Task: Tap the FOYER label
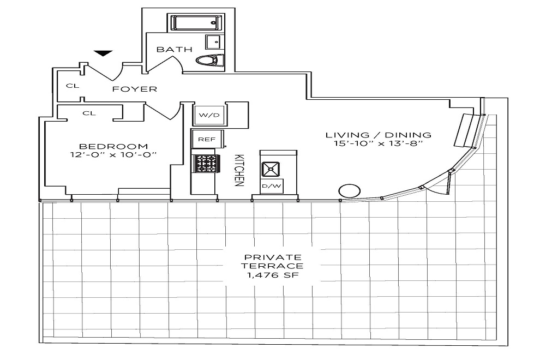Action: (x=135, y=89)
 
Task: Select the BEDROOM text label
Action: (x=113, y=146)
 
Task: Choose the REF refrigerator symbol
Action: (x=206, y=139)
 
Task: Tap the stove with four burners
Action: (x=206, y=163)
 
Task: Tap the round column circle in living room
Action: (x=349, y=191)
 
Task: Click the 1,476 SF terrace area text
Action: (x=273, y=275)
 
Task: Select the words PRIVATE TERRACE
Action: (x=273, y=261)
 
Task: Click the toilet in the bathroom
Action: (x=210, y=60)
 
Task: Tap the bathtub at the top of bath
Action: (x=196, y=23)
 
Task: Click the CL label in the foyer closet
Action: (x=70, y=86)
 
